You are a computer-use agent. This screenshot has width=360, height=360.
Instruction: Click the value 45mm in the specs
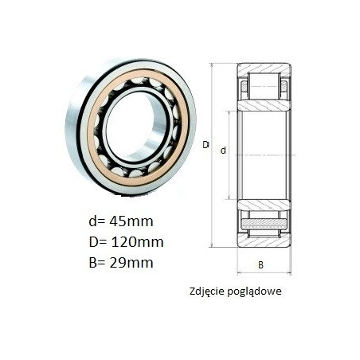131,221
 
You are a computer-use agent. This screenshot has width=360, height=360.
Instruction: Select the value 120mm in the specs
137,242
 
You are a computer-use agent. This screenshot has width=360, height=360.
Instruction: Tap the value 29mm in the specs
131,263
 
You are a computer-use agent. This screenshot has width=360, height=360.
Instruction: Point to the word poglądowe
254,292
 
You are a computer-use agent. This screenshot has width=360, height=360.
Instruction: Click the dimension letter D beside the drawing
205,145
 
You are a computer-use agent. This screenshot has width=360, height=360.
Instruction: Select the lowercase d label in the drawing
223,151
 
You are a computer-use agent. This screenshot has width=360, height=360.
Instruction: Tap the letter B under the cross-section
260,265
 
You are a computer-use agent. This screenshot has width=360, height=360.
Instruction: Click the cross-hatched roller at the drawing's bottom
264,224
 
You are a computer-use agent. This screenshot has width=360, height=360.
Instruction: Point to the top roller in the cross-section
264,86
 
